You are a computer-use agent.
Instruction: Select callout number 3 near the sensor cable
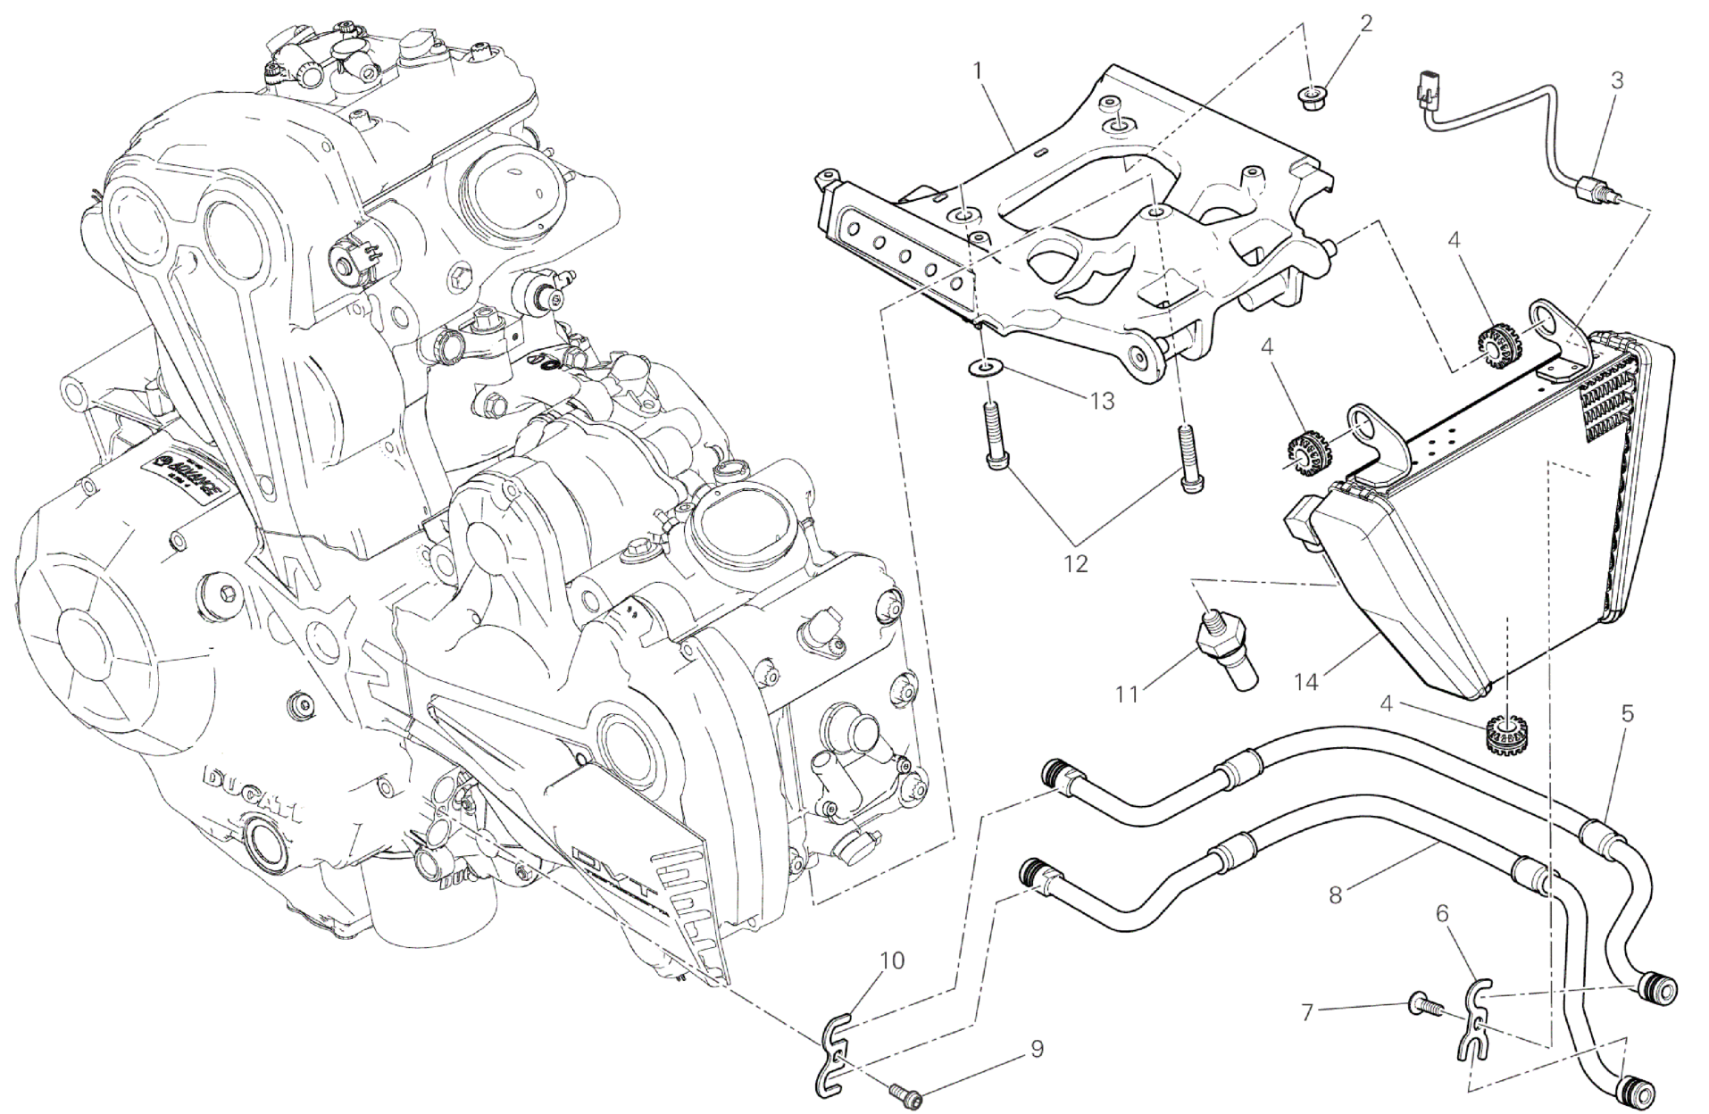pyautogui.click(x=1616, y=80)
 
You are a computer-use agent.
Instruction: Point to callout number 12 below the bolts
pyautogui.click(x=1077, y=564)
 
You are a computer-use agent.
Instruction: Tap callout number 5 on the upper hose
pyautogui.click(x=1627, y=713)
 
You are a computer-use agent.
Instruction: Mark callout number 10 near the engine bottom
pyautogui.click(x=892, y=960)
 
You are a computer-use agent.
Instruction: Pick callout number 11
pyautogui.click(x=1127, y=693)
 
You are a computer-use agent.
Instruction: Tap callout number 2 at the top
pyautogui.click(x=1365, y=23)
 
